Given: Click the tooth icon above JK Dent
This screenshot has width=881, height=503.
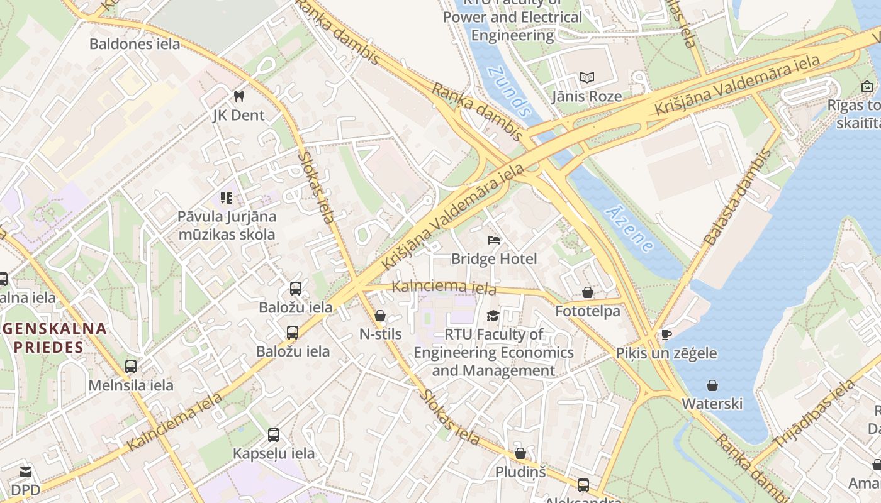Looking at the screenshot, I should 238,96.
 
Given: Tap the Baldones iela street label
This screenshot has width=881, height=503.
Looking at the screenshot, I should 135,44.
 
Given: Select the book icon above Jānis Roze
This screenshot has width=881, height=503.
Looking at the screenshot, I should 586,77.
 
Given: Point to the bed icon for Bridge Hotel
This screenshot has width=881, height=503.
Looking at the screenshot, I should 494,240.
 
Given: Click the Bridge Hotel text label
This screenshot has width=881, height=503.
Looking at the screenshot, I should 494,259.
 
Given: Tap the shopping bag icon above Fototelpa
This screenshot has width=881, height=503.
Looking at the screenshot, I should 587,292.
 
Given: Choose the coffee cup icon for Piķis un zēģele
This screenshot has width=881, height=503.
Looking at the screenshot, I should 666,334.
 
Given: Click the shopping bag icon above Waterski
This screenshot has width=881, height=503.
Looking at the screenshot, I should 712,385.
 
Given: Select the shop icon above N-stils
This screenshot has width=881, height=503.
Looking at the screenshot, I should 379,315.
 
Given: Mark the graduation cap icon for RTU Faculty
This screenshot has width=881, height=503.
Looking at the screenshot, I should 493,315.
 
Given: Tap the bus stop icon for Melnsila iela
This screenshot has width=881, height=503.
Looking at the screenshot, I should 131,366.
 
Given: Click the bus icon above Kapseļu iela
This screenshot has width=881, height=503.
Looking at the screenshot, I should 274,434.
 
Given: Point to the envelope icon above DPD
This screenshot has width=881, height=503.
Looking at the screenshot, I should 26,472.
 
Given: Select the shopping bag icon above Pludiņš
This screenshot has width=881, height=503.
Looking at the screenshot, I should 520,453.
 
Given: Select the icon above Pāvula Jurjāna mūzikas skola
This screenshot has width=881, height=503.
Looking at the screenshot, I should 227,198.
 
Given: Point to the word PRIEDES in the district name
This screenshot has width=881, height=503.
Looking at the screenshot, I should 49,347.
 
